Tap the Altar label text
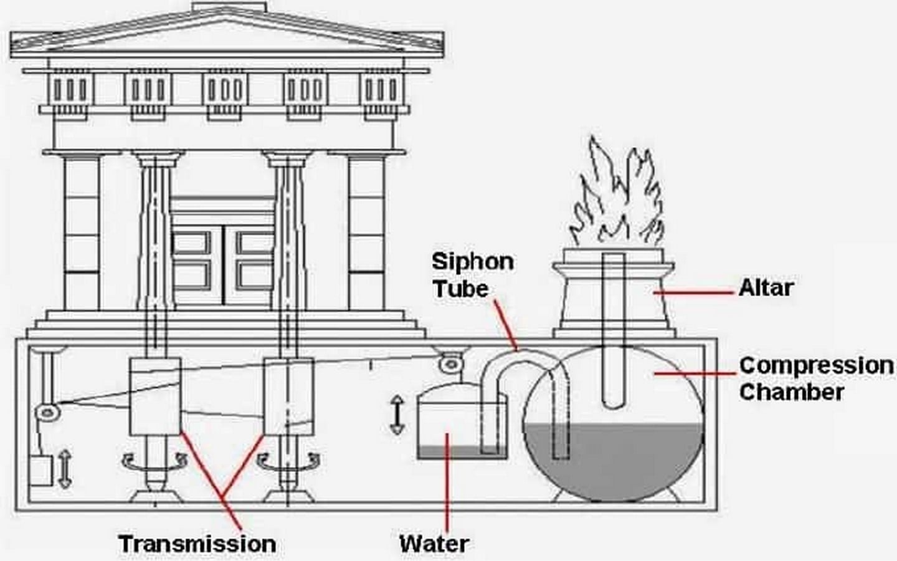[766, 288]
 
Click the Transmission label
[197, 544]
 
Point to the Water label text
[435, 544]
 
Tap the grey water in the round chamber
[614, 461]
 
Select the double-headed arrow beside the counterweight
[65, 469]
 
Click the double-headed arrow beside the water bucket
[397, 415]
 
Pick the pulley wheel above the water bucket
[451, 364]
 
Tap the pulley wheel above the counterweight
[47, 411]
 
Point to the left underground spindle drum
[155, 396]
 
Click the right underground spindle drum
[289, 396]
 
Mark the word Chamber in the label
[792, 392]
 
